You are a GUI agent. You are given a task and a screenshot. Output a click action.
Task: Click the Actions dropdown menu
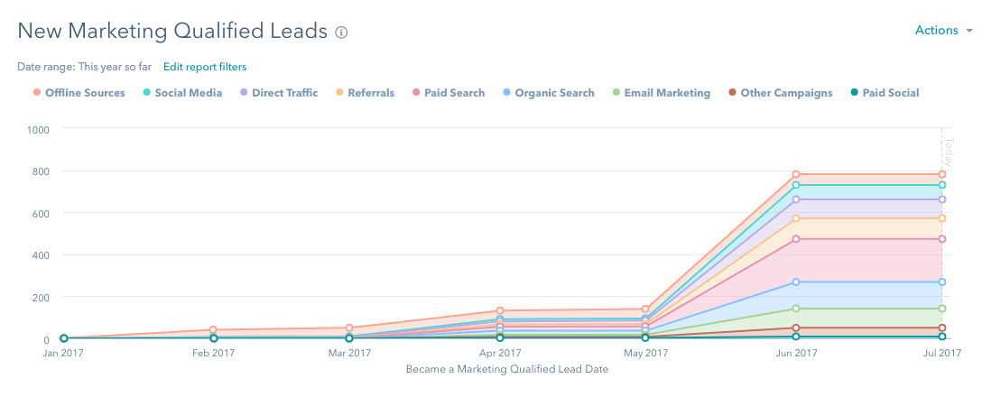click(943, 31)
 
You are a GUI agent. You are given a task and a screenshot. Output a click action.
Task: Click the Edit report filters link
click(205, 67)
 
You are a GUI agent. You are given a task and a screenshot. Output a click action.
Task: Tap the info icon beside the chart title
click(341, 32)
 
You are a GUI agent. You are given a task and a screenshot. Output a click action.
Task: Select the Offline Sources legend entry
click(79, 93)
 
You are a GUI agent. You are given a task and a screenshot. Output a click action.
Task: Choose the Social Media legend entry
click(182, 93)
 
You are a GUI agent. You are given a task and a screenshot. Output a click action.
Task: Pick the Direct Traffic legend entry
click(279, 93)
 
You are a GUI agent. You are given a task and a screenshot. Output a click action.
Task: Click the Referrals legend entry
click(366, 93)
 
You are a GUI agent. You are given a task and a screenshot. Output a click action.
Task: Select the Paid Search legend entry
click(449, 93)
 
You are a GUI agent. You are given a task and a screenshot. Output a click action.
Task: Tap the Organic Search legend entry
click(549, 93)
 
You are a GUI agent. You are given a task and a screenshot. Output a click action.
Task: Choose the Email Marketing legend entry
click(662, 93)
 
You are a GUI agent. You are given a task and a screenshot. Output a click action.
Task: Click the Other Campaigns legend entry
click(781, 93)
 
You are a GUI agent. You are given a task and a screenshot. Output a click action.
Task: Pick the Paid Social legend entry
click(884, 93)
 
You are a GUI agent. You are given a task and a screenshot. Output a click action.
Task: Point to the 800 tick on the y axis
click(42, 171)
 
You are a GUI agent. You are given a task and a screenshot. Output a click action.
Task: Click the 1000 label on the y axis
click(38, 129)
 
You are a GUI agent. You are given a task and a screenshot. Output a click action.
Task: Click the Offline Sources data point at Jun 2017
click(796, 174)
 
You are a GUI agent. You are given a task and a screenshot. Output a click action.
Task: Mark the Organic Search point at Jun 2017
click(796, 282)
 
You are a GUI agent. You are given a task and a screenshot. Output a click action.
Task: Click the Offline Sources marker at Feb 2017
click(213, 330)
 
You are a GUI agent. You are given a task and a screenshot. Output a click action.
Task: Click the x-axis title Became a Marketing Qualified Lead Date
click(506, 369)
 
